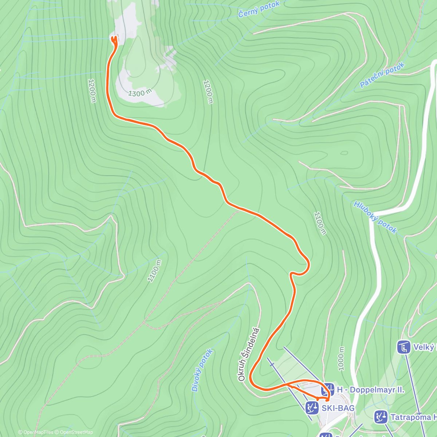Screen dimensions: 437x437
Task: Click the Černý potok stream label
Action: pos(259,9)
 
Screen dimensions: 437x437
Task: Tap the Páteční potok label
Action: pos(382,75)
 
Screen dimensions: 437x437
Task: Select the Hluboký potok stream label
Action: pos(375,217)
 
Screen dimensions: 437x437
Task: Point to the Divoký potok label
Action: pos(202,370)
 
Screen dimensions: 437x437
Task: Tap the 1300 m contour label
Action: pos(139,93)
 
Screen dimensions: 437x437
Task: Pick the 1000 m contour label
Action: pos(341,359)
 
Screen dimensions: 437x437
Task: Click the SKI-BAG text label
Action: pos(338,408)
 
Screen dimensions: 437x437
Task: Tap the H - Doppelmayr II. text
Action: pos(370,390)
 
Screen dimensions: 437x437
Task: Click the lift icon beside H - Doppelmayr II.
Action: pos(328,389)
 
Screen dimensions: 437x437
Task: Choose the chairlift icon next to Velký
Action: pos(404,347)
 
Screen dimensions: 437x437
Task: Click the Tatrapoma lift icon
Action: pos(381,417)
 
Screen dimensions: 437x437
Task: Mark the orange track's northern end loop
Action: pos(114,40)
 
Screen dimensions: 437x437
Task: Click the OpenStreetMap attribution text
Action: pos(76,432)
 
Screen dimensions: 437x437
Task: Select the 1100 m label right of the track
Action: pos(319,223)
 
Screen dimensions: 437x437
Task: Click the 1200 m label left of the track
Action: pos(92,91)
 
